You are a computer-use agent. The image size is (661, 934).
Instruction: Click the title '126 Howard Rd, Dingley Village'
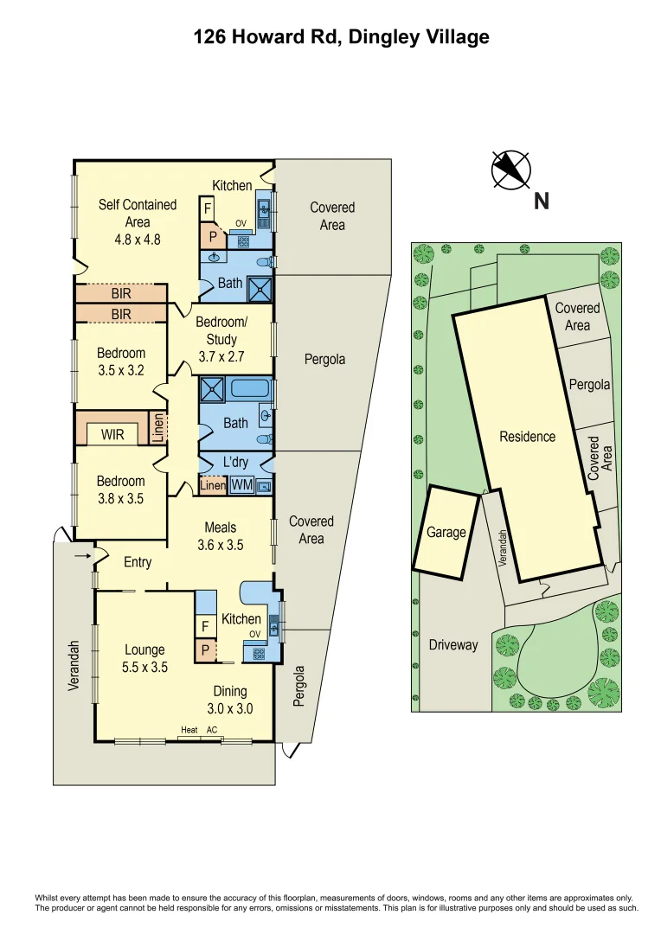[341, 36]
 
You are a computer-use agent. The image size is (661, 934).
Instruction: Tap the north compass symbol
[510, 169]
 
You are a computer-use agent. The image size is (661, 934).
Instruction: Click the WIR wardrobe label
[112, 434]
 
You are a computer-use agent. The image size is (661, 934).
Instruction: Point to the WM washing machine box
[241, 485]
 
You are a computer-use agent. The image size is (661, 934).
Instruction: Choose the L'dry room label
[235, 463]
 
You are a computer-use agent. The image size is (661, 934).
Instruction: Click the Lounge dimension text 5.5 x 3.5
[144, 667]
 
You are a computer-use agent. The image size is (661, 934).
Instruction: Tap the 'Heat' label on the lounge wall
[189, 731]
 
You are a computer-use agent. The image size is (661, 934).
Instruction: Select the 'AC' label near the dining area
[211, 731]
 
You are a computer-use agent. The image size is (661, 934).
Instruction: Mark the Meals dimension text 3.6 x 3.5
[221, 545]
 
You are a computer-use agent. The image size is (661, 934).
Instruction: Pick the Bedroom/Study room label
[221, 330]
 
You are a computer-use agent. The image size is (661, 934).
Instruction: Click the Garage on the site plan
[446, 532]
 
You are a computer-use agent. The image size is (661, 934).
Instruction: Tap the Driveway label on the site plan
[452, 644]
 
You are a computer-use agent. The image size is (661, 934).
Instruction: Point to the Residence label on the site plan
[527, 437]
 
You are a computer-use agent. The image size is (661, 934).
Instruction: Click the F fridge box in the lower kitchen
[205, 625]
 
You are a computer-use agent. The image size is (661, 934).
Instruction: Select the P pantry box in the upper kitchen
[212, 234]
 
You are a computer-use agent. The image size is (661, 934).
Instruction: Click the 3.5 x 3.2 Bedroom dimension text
[120, 370]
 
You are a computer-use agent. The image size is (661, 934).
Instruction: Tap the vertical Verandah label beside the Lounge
[75, 665]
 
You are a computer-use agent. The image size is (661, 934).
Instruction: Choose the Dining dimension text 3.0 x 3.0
[229, 708]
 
